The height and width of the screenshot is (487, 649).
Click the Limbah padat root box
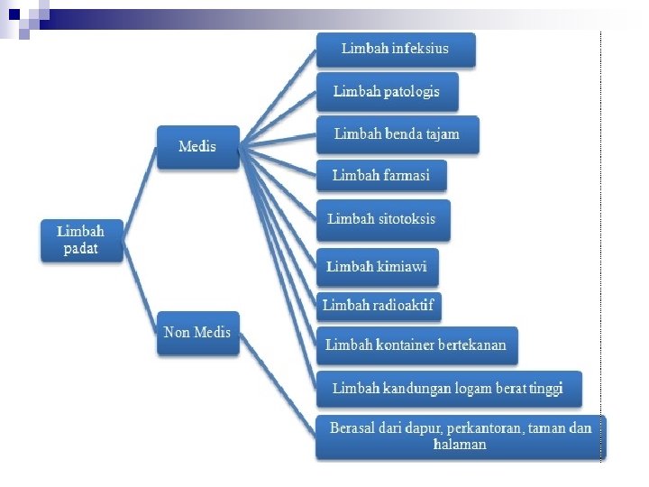[81, 240]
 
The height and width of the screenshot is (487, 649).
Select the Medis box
[197, 146]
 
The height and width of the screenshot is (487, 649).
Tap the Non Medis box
[197, 333]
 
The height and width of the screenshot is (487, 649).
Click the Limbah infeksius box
[395, 49]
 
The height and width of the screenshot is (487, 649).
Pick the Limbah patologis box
[387, 92]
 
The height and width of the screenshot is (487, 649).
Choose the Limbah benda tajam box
[397, 134]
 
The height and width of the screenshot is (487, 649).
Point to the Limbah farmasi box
[380, 176]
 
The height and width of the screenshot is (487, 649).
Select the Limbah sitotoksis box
[382, 219]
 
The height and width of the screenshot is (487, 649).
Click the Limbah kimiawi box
[377, 267]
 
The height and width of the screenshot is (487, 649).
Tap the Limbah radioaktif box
[379, 306]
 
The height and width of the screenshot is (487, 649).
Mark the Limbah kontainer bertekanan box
[416, 345]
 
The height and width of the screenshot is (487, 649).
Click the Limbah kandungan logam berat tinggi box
[448, 389]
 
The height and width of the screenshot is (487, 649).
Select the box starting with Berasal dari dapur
[460, 436]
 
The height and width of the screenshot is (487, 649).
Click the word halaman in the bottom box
[460, 445]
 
